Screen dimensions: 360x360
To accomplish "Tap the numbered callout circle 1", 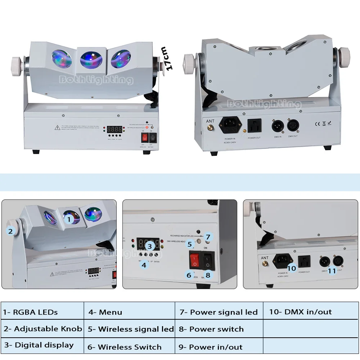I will click(69, 218).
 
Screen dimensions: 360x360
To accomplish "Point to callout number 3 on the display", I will click(150, 246).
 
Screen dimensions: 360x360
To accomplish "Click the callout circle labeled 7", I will click(208, 237).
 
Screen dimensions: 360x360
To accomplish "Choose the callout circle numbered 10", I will click(292, 268).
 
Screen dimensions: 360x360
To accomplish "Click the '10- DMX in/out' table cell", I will click(310, 312).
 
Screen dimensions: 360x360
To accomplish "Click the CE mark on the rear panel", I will click(318, 124).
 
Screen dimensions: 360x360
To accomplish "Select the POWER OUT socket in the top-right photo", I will click(253, 126).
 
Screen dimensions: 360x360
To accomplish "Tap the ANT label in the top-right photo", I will click(210, 122).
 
